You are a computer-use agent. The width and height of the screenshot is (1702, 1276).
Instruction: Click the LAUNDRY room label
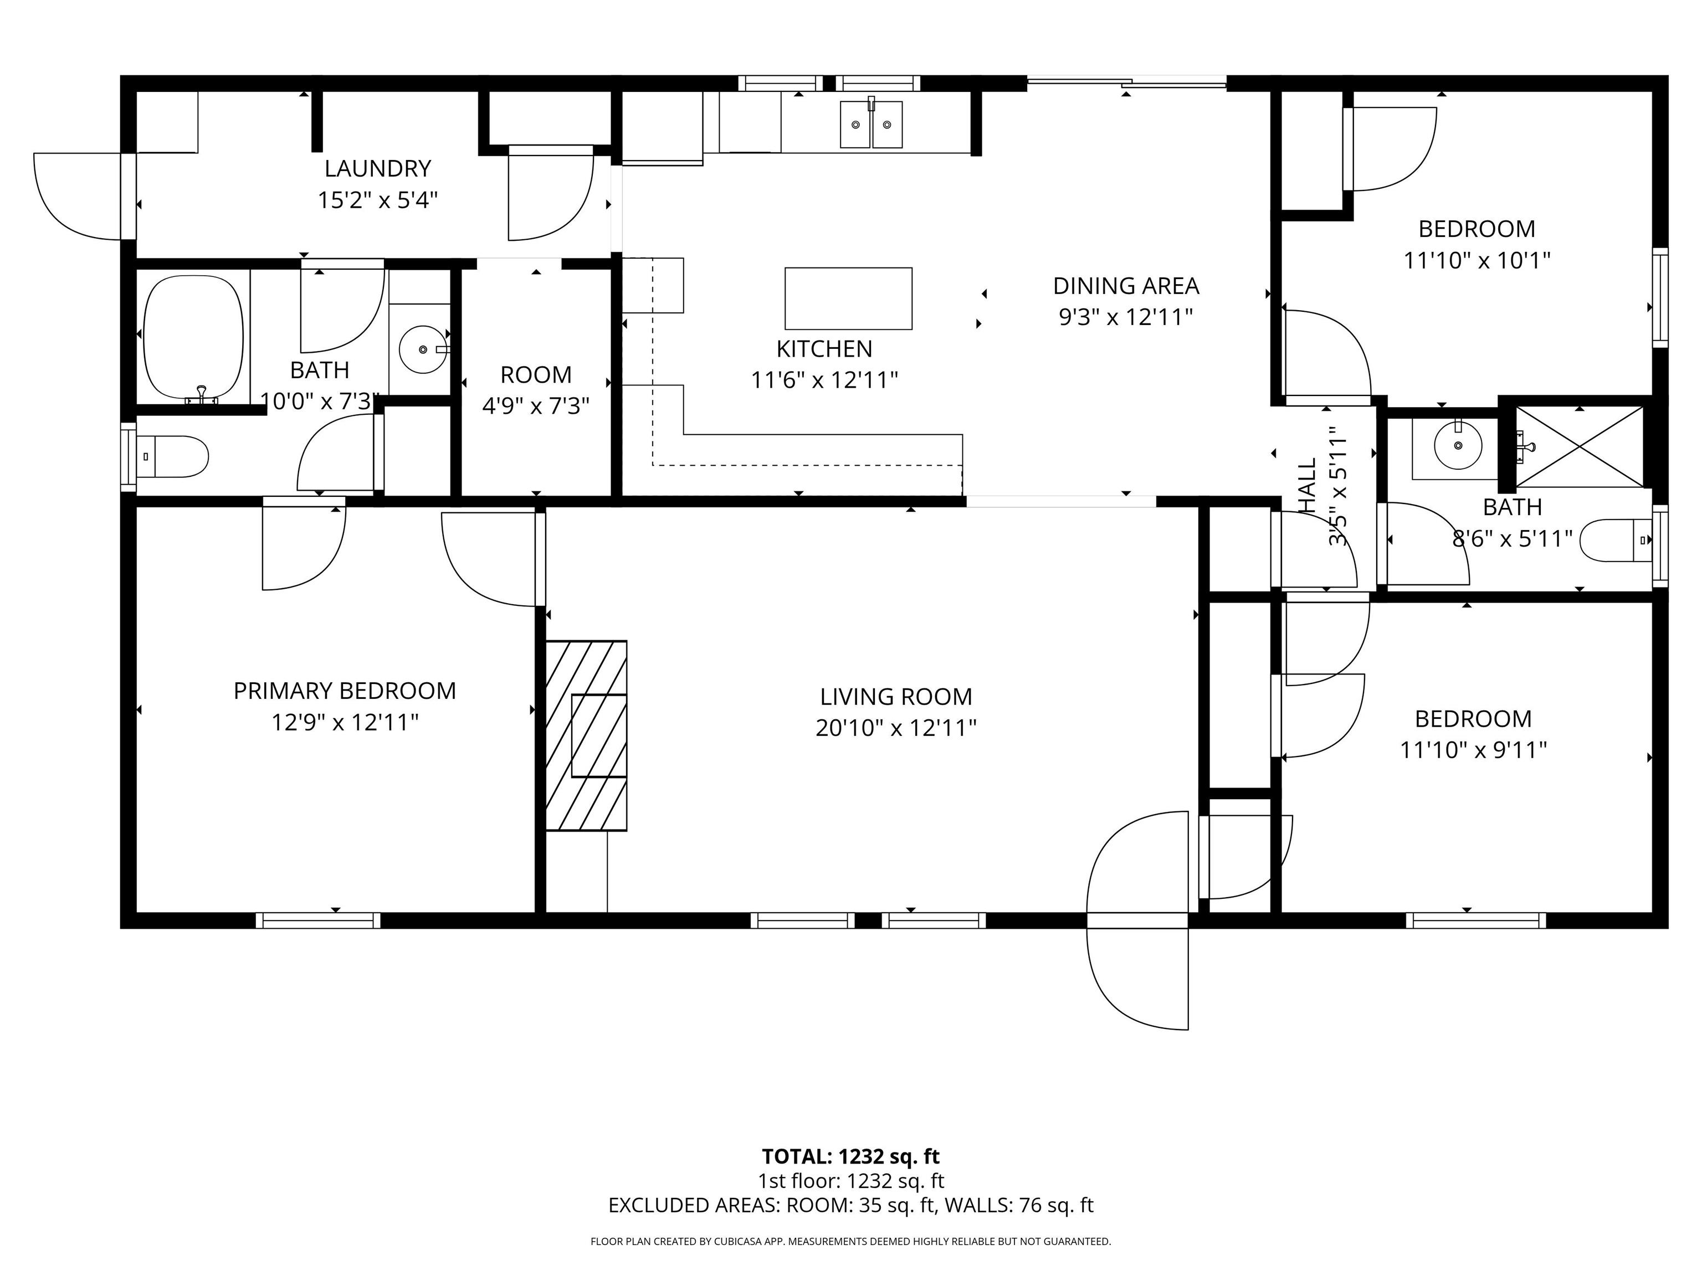point(377,168)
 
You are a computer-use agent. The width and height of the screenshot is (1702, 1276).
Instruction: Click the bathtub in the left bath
point(194,337)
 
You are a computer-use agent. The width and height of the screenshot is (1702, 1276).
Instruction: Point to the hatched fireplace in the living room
point(586,735)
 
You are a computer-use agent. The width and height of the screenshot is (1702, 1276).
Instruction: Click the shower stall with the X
point(1579,447)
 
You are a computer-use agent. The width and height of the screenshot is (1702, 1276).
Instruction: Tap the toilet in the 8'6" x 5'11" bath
point(1616,540)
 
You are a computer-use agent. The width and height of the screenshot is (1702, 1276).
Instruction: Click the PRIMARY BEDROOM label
point(345,691)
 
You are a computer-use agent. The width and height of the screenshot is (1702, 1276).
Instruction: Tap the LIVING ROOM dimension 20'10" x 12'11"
point(896,728)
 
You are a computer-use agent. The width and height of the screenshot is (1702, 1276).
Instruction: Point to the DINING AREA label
point(1126,286)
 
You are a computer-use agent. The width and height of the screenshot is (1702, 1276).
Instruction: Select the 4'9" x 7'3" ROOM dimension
point(536,405)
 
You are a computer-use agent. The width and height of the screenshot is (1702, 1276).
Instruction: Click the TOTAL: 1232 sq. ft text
point(850,1157)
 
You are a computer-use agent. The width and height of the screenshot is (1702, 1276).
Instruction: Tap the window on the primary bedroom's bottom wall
point(318,920)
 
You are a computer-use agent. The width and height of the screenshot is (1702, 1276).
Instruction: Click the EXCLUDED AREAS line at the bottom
point(850,1205)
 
